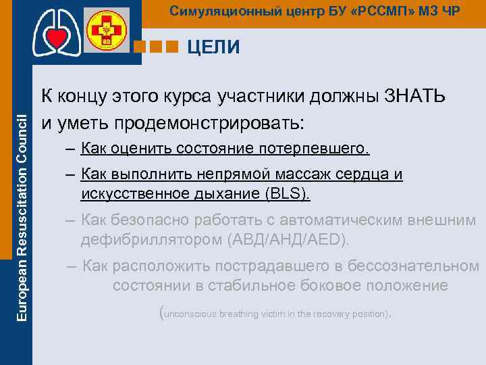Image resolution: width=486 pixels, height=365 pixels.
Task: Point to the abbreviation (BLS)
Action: (286, 195)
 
